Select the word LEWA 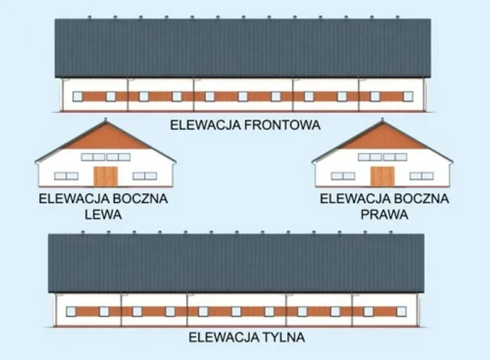[103, 215]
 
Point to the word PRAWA [384, 215]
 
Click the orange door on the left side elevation [106, 176]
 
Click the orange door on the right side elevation [382, 176]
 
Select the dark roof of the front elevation [243, 48]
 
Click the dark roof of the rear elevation [236, 263]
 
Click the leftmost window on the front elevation [77, 96]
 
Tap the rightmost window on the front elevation [408, 96]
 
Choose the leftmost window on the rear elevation [71, 311]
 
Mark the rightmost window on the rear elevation [401, 311]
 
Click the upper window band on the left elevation [106, 157]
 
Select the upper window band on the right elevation [382, 157]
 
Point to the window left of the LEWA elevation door [66, 176]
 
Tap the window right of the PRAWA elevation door [421, 176]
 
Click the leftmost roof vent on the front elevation [89, 17]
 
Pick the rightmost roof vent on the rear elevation [390, 232]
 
